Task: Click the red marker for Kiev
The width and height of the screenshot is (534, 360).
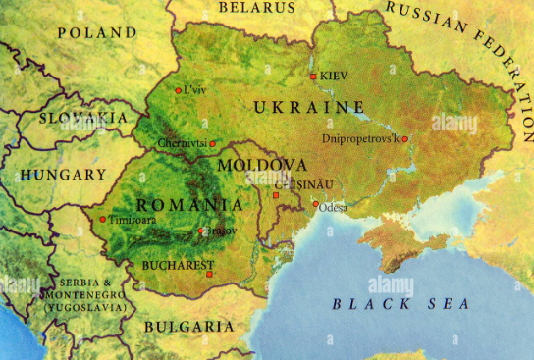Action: pyautogui.click(x=313, y=76)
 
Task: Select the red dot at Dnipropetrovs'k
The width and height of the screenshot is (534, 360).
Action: pyautogui.click(x=404, y=139)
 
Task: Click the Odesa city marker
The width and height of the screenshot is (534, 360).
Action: pyautogui.click(x=315, y=205)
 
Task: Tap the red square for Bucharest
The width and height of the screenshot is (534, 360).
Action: pyautogui.click(x=209, y=274)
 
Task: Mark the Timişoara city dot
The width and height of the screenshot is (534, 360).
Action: pyautogui.click(x=102, y=219)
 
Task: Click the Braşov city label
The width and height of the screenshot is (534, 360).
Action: pyautogui.click(x=219, y=231)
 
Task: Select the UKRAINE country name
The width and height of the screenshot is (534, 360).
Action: pyautogui.click(x=309, y=107)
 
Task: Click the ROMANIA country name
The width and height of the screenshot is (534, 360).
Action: pyautogui.click(x=189, y=204)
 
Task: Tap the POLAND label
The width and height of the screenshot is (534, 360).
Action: pyautogui.click(x=96, y=32)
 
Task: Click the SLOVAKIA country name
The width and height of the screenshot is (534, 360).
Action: pyautogui.click(x=83, y=117)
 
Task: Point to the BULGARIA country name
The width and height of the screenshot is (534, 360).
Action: pyautogui.click(x=188, y=326)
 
